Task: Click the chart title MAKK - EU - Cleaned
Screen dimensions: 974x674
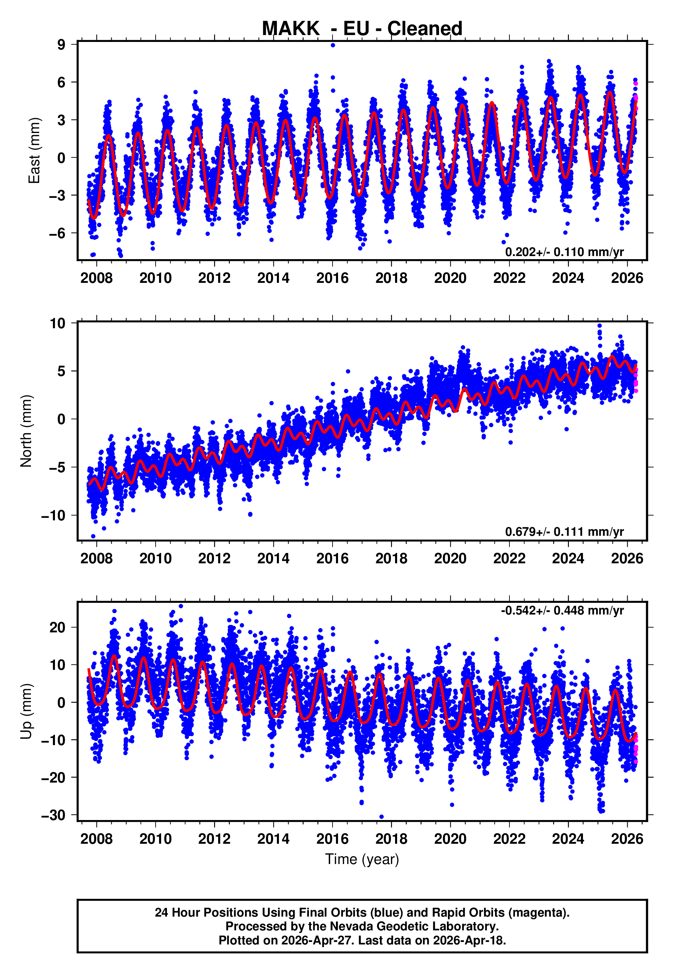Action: [362, 29]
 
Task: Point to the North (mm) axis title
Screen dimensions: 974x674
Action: [26, 431]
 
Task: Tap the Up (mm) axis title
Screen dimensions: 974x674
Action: [26, 711]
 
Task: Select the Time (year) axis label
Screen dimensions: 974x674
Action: [362, 860]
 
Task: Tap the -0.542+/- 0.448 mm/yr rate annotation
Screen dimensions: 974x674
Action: [562, 610]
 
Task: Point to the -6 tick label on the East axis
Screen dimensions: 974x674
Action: [57, 233]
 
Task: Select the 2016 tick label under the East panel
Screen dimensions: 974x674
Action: [332, 278]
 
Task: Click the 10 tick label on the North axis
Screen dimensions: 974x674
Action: [57, 323]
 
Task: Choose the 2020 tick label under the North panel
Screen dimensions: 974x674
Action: [450, 558]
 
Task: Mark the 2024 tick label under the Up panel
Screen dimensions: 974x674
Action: [568, 839]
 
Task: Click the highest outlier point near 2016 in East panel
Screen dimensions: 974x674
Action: [333, 45]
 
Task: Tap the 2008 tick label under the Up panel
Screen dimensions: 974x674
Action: [97, 839]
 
